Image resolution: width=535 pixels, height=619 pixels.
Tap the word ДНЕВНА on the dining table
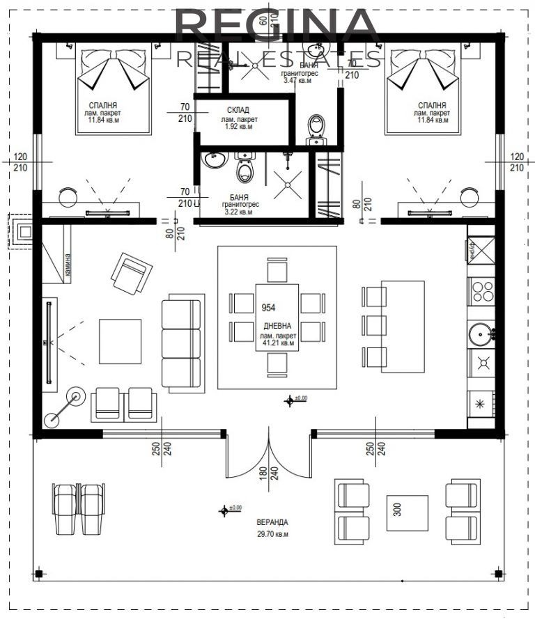[278, 326]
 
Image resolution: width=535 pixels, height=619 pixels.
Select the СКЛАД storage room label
[238, 110]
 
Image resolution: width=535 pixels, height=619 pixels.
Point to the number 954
[268, 307]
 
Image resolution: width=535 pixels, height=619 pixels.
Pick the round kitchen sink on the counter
[481, 334]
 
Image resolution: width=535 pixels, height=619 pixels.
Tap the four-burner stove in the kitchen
[481, 290]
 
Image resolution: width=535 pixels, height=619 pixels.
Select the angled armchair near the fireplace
[132, 273]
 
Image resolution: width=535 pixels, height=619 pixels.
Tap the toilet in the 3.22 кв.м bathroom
[245, 171]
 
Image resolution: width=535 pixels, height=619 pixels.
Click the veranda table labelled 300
[408, 513]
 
